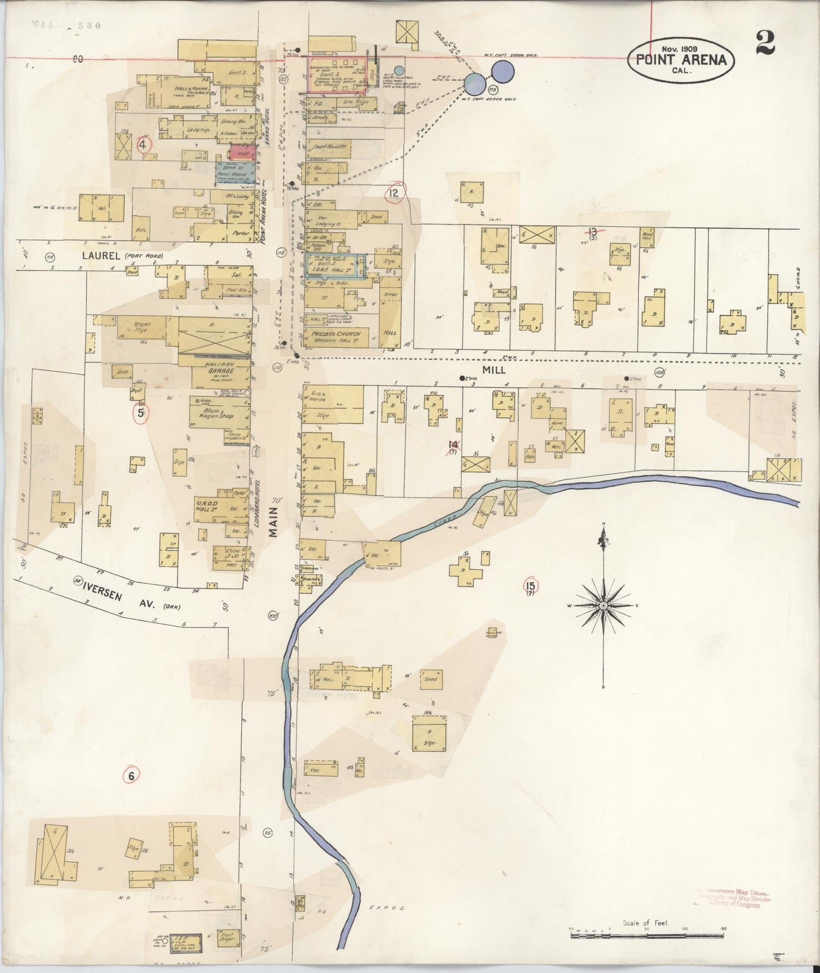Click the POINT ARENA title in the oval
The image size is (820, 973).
pos(682,60)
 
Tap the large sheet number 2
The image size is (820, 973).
pos(765,43)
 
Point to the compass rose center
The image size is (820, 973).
pos(603,606)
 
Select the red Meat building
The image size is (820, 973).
pos(239,153)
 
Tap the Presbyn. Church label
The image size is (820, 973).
pos(331,335)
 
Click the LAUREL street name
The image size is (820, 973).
pos(100,256)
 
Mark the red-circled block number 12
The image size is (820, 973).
pos(394,194)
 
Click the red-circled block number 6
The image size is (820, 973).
pos(131,775)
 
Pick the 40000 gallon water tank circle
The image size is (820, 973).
pos(476,84)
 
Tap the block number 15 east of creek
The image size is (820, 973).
pos(531,586)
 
